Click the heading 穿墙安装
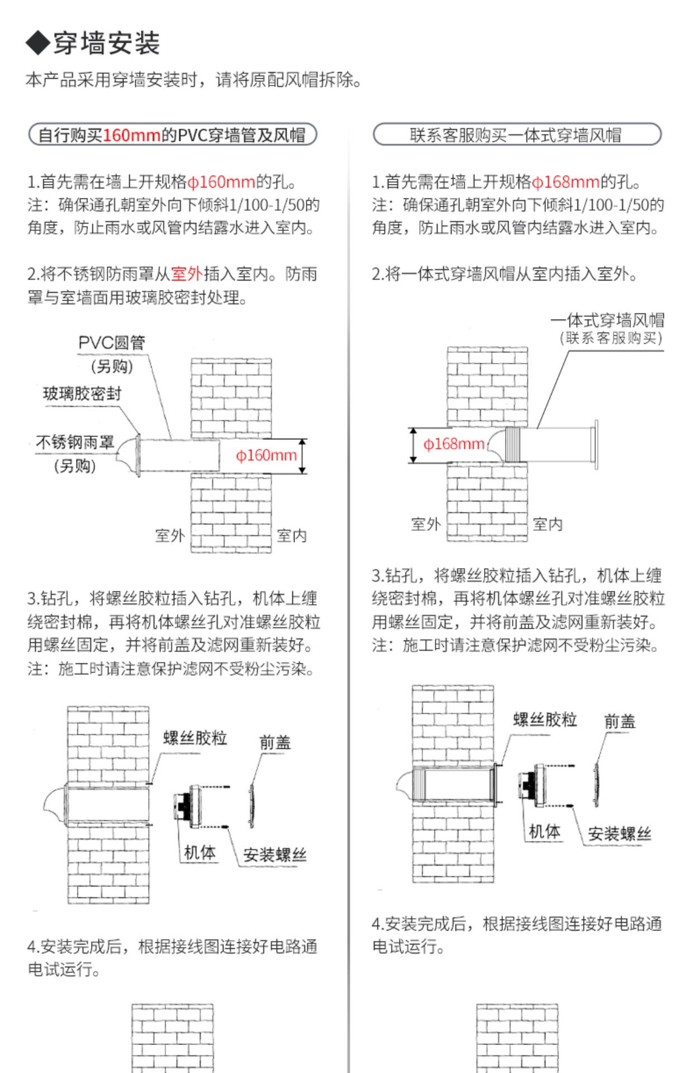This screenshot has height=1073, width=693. [106, 43]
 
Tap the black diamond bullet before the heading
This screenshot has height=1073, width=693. [37, 43]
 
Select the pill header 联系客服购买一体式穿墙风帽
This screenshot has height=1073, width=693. [516, 135]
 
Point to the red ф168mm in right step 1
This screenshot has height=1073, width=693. [566, 182]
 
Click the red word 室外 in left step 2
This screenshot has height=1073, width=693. [187, 274]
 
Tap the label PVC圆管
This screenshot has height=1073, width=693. [112, 343]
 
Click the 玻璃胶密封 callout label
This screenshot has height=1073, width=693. [82, 393]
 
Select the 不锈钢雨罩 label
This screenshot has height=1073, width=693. [75, 443]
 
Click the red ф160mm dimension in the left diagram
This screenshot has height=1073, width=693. [266, 455]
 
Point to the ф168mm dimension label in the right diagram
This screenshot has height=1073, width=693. [454, 444]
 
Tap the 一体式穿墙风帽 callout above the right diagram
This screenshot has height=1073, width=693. [607, 320]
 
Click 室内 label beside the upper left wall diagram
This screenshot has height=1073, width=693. [292, 536]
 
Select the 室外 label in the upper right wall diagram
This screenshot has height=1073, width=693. [426, 524]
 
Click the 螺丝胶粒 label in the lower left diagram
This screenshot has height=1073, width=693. [195, 738]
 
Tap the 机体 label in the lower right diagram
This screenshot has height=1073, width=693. [544, 832]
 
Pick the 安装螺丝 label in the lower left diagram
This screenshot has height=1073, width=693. [275, 855]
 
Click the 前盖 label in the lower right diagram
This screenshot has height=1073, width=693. [620, 721]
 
